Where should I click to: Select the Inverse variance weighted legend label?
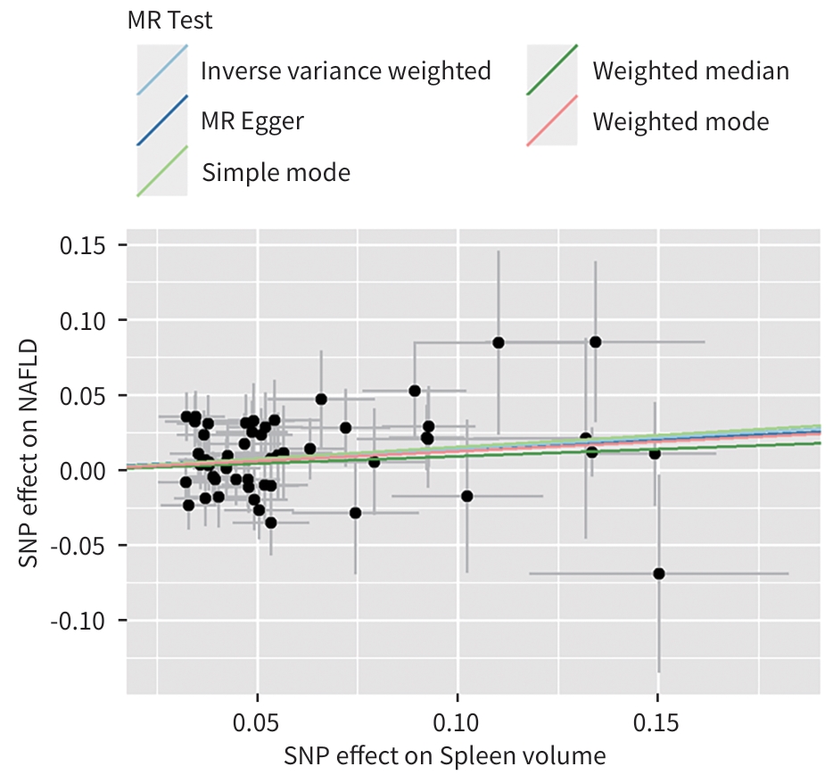point(346,70)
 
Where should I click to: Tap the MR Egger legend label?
point(252,120)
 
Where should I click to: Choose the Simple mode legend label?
point(276,171)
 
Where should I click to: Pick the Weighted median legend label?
point(691,70)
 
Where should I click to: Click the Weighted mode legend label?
point(680,120)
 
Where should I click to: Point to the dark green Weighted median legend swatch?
point(552,70)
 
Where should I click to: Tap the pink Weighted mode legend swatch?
point(552,120)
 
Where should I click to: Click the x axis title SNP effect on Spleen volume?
point(445,757)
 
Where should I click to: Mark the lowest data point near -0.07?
point(659,573)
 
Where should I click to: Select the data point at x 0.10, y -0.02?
point(466,496)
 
